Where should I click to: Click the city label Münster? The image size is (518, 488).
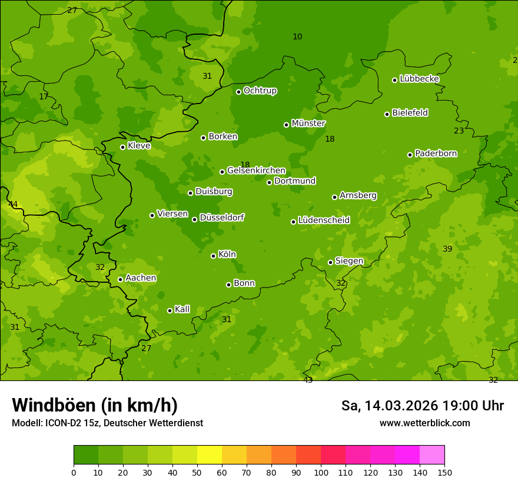click(308, 123)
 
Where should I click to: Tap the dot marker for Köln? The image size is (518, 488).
click(213, 256)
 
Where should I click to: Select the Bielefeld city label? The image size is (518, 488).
click(410, 113)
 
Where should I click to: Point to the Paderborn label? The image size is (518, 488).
click(436, 153)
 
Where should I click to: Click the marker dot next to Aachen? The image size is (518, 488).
click(120, 279)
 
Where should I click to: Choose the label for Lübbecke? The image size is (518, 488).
click(420, 79)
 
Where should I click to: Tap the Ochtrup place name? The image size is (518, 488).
click(260, 91)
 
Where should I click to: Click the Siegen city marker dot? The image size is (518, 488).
click(330, 262)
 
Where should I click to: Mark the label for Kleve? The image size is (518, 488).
click(140, 146)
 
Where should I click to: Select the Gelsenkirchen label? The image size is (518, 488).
click(256, 171)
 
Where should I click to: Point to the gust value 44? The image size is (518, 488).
click(13, 205)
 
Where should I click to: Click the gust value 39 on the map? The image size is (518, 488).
click(447, 249)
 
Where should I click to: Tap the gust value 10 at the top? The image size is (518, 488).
click(297, 37)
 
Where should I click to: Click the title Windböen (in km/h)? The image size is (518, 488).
click(95, 405)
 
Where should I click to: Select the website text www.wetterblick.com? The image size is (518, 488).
click(424, 423)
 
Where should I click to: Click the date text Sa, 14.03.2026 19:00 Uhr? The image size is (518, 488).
click(422, 406)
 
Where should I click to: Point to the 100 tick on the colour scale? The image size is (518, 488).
click(321, 472)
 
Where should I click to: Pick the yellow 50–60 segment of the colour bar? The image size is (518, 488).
click(210, 455)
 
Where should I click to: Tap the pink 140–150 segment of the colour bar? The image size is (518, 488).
click(432, 455)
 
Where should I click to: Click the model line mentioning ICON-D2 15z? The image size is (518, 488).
click(107, 423)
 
